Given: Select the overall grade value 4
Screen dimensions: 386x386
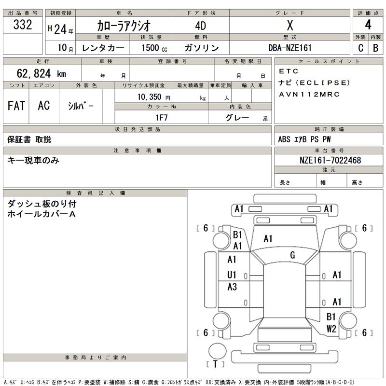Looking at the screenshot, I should (368, 25).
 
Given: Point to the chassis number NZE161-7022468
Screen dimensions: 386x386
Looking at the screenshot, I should (330, 160).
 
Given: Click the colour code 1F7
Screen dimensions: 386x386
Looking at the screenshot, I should (161, 118).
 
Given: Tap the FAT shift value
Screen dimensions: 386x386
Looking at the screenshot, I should (16, 106).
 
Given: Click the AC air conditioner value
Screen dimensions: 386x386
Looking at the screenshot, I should (43, 106).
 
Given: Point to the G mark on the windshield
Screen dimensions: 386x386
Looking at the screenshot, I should (292, 255).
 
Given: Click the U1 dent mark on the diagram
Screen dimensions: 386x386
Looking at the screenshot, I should (232, 275).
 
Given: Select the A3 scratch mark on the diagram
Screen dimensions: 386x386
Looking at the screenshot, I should (232, 287).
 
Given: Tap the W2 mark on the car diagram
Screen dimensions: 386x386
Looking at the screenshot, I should (331, 329).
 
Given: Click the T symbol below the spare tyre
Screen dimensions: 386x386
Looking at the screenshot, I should (215, 364).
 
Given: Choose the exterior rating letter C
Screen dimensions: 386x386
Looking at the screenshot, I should (360, 48).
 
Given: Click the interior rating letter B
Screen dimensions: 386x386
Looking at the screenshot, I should (375, 48).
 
